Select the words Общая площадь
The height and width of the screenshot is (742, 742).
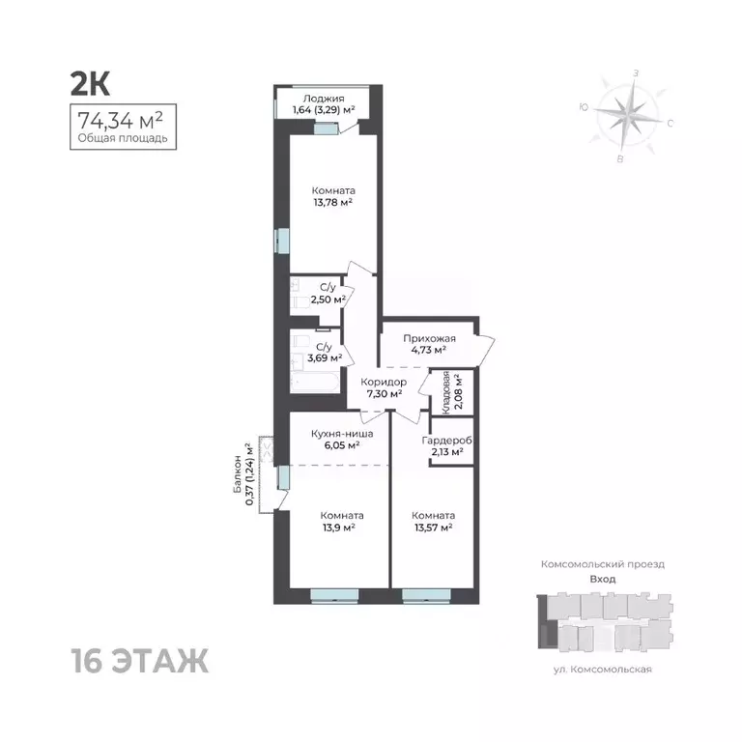[x=123, y=138]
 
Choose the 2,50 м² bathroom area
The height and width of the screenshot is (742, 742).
[x=328, y=300]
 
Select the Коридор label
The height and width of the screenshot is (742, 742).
[x=385, y=383]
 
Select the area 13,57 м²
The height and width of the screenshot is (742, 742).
[x=432, y=528]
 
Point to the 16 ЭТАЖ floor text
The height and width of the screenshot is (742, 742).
[x=139, y=663]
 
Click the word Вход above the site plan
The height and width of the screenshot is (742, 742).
[x=602, y=579]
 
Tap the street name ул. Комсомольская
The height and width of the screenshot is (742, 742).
[x=603, y=669]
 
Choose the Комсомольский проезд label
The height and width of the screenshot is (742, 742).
[x=602, y=563]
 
